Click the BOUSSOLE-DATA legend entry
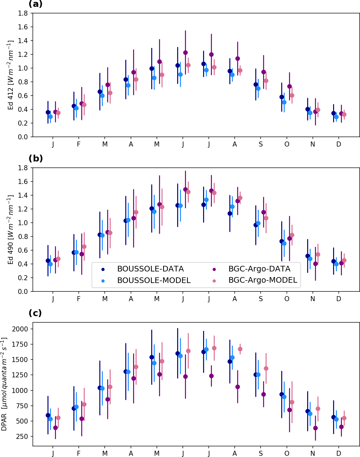pyautogui.click(x=150, y=269)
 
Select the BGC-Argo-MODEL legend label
pyautogui.click(x=262, y=280)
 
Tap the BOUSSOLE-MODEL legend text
pyautogui.click(x=154, y=281)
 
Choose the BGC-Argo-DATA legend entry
pyautogui.click(x=259, y=269)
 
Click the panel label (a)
pyautogui.click(x=35, y=4)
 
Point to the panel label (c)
pyautogui.click(x=35, y=313)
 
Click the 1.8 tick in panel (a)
pyautogui.click(x=23, y=13)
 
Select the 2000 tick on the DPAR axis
pyautogui.click(x=20, y=329)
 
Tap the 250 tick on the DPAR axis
pyautogui.click(x=22, y=436)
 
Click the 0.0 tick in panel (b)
pyautogui.click(x=23, y=291)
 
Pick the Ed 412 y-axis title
pyautogui.click(x=11, y=75)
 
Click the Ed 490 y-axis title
pyautogui.click(x=11, y=230)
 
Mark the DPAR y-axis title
pyautogui.click(x=4, y=384)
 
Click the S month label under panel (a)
pyautogui.click(x=261, y=144)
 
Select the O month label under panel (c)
pyautogui.click(x=287, y=454)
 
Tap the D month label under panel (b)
pyautogui.click(x=339, y=299)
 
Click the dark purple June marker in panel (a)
pyautogui.click(x=185, y=52)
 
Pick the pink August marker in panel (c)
pyautogui.click(x=240, y=349)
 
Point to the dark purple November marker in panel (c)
pyautogui.click(x=315, y=428)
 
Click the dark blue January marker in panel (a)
pyautogui.click(x=48, y=112)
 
